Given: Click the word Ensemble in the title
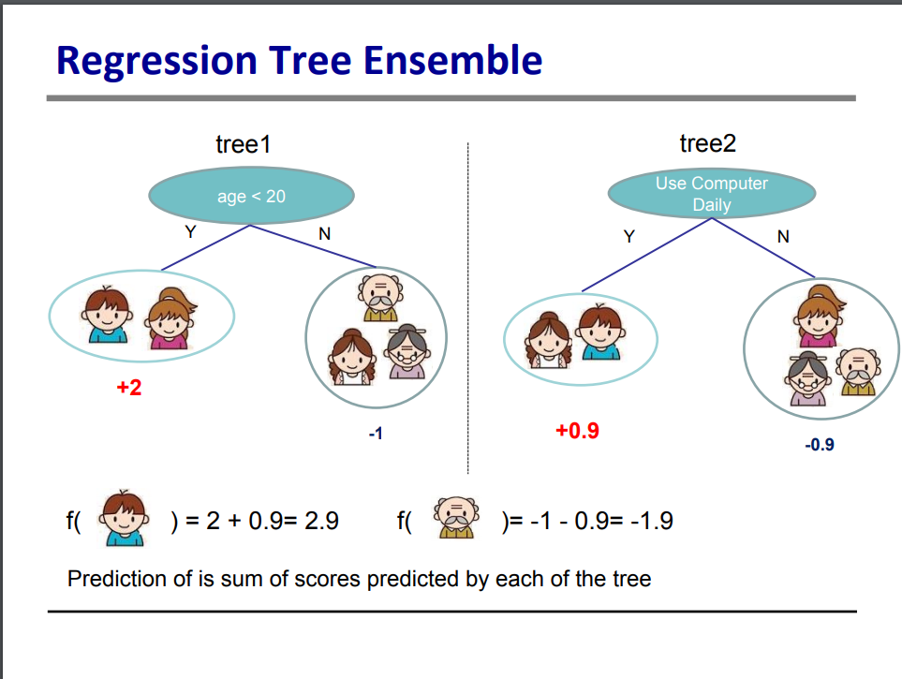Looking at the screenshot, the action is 452,61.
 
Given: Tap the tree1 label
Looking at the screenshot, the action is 244,144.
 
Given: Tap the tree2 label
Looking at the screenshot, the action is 707,143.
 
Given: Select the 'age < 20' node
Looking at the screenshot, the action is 251,196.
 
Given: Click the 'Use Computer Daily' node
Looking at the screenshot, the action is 712,194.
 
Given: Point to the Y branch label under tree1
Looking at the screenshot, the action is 190,232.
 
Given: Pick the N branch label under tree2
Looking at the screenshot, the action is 783,237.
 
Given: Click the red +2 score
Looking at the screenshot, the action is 129,387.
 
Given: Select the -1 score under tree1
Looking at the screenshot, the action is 376,434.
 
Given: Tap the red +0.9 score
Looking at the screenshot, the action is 578,431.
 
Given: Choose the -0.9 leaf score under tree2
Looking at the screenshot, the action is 820,444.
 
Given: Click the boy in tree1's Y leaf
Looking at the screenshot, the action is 107,315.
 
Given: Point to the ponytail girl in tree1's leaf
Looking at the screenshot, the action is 170,318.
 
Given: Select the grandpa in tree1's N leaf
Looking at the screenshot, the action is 380,298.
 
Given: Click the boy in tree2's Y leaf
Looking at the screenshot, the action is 600,332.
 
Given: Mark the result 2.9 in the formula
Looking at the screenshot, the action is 321,521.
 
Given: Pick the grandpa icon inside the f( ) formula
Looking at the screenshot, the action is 456,517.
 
